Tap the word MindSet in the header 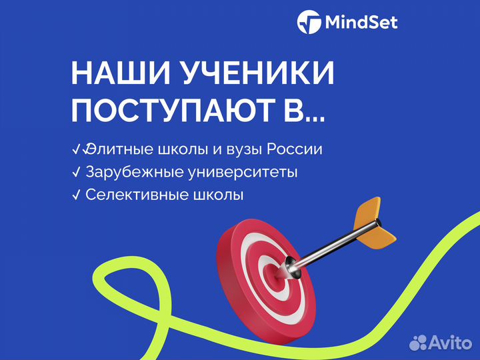(361, 23)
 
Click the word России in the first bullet (298, 149)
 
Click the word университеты (242, 172)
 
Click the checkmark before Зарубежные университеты (76, 172)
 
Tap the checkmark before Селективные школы (76, 195)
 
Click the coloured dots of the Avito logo (419, 343)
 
